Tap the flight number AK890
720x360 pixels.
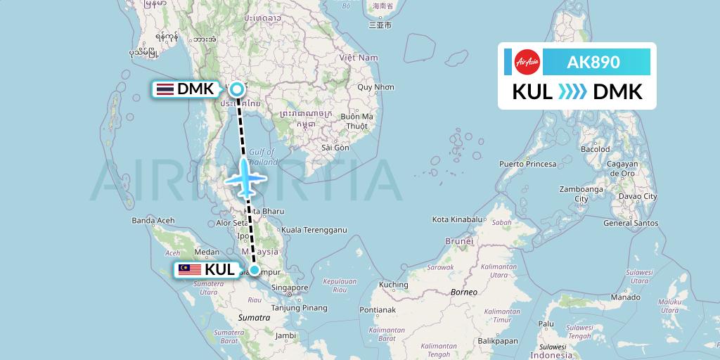pos(593,62)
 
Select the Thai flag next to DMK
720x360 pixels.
pos(165,89)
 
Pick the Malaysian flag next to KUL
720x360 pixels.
pos(189,269)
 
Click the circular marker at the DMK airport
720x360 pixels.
pos(237,89)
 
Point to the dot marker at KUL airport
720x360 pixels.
pos(254,269)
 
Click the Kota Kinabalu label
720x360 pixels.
pos(459,220)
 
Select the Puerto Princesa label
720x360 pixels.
pos(527,164)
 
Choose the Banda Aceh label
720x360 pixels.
pos(153,221)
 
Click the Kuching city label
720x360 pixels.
pos(393,285)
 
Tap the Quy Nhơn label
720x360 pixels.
pos(375,88)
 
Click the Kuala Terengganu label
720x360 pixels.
pos(314,229)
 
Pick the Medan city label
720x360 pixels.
pos(207,251)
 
